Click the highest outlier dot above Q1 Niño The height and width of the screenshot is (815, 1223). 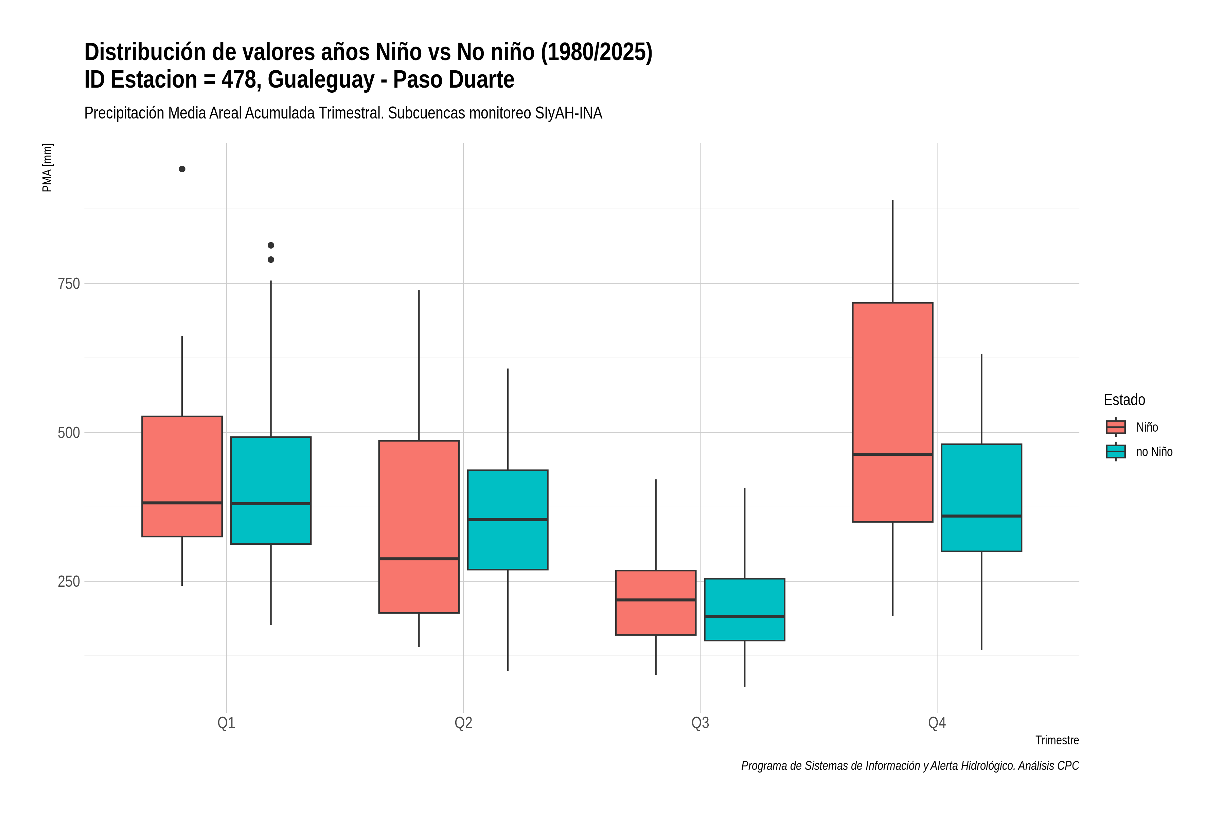point(182,169)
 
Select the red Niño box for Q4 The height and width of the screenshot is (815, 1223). point(892,412)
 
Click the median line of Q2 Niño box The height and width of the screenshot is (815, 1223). point(419,559)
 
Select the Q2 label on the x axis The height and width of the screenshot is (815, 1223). point(463,723)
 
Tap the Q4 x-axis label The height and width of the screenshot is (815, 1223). point(937,723)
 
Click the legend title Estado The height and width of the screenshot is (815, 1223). point(1124,400)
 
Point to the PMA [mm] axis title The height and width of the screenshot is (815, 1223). point(47,167)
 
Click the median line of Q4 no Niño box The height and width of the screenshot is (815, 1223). point(981,516)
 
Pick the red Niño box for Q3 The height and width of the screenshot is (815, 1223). point(655,602)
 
